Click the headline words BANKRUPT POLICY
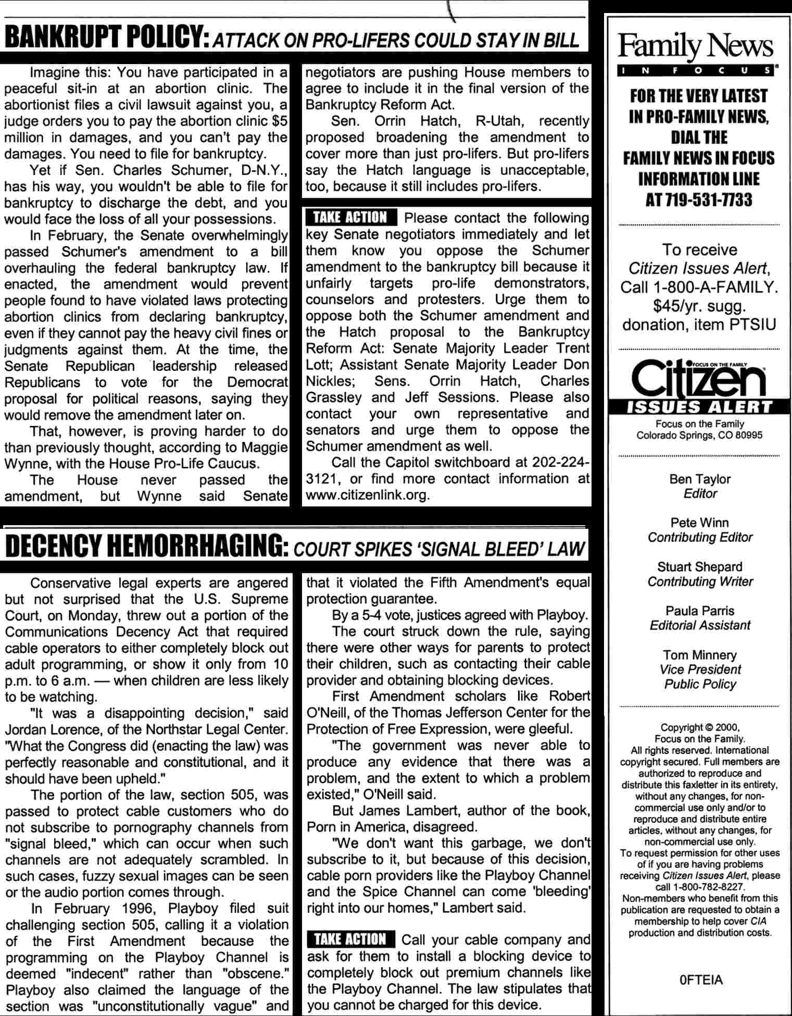(104, 38)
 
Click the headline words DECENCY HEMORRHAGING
(144, 547)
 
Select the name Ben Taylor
(700, 479)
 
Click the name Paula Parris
(700, 611)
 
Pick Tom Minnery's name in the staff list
(700, 655)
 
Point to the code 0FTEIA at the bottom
(701, 980)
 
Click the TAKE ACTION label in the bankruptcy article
(351, 218)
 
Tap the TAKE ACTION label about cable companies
(351, 939)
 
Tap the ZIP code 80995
(749, 435)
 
